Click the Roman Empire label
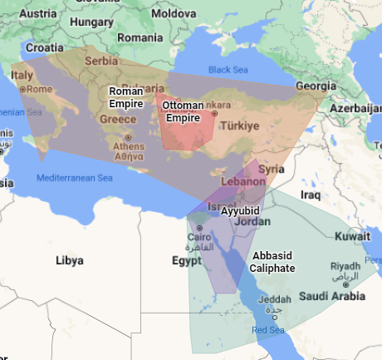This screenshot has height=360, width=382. click(x=126, y=97)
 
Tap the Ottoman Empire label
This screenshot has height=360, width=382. click(x=182, y=111)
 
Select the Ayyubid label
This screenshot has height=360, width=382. click(x=240, y=211)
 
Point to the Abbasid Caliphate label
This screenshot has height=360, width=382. click(x=273, y=263)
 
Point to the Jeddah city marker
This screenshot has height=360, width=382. click(x=277, y=308)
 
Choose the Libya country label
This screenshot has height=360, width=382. click(x=69, y=260)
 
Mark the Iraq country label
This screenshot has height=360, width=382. click(x=311, y=195)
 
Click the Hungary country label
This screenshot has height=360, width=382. click(x=85, y=22)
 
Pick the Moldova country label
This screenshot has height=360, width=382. click(x=173, y=14)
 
